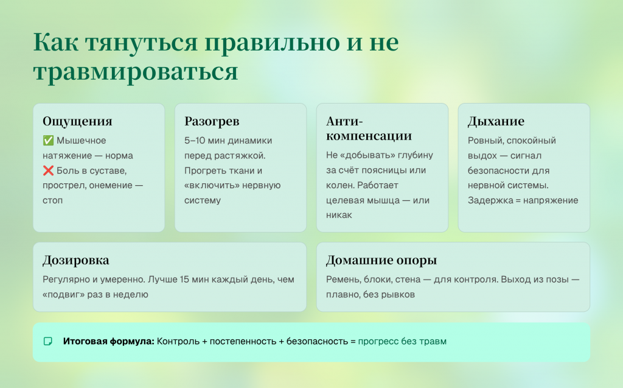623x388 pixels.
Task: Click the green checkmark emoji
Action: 48,141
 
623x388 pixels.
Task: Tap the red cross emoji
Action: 48,171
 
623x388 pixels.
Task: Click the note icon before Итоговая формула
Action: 47,342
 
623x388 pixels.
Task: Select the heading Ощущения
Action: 77,121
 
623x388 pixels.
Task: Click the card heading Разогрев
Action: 212,121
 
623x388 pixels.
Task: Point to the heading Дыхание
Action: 496,121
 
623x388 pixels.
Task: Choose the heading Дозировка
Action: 76,260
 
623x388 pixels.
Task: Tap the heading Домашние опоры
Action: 381,260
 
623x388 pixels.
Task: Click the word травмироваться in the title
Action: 136,72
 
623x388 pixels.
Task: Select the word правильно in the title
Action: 272,42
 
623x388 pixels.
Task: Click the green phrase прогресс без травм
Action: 402,342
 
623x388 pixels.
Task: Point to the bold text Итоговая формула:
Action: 108,342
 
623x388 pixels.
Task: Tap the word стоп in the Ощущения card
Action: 53,200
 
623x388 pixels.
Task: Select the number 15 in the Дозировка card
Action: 184,280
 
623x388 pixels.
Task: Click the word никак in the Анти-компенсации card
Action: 339,215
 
